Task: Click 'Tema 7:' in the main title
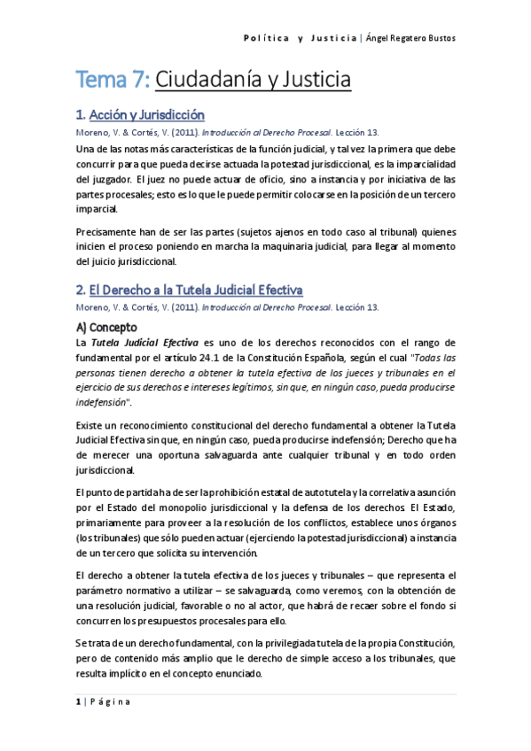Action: click(x=113, y=81)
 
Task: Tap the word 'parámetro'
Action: click(x=102, y=589)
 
